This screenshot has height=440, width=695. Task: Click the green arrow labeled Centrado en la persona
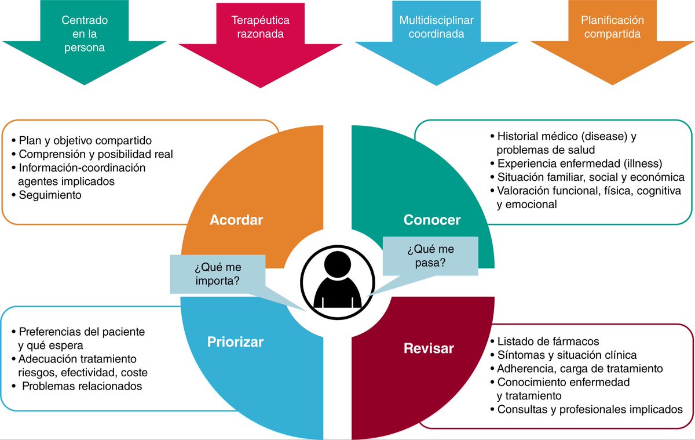click(85, 35)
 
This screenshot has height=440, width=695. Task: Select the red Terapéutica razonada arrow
click(260, 35)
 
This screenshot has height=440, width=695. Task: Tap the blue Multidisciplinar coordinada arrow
click(436, 35)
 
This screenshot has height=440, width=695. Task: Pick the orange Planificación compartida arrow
click(612, 35)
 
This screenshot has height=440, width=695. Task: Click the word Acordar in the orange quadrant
click(236, 220)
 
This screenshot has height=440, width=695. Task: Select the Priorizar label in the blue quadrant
click(235, 342)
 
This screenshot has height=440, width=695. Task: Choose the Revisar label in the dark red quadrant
click(429, 348)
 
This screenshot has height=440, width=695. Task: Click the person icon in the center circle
click(337, 282)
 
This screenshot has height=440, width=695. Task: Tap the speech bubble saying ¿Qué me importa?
click(217, 274)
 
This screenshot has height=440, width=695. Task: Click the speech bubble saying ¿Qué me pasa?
click(430, 256)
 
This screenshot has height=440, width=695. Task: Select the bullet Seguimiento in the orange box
click(50, 195)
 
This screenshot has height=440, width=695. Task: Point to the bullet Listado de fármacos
click(548, 341)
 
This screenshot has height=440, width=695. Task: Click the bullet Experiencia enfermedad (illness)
click(579, 163)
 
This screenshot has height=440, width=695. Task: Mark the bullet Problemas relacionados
click(81, 386)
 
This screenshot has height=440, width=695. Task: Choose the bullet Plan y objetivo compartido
click(85, 140)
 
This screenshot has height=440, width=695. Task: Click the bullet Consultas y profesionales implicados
click(590, 409)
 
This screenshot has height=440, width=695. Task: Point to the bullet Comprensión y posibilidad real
click(96, 154)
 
